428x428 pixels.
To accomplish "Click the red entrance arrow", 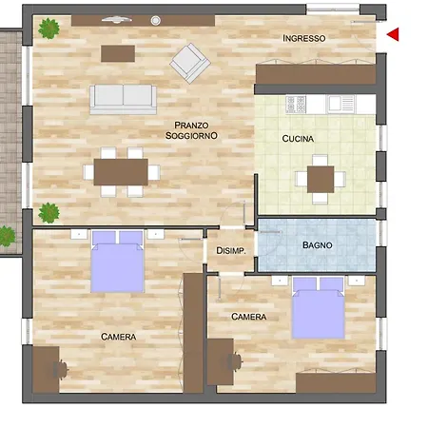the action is [x=394, y=34].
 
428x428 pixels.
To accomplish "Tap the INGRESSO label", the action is [x=304, y=38].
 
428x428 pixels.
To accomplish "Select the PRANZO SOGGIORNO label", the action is [x=191, y=130].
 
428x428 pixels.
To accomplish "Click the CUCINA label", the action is [x=298, y=139].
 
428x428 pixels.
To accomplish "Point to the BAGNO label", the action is [x=318, y=245].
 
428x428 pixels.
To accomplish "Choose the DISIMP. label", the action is [x=231, y=251].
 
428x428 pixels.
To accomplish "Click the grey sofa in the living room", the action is [x=123, y=99].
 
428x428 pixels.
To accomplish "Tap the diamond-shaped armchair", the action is [x=190, y=63].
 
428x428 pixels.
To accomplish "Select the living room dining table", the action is [x=121, y=172].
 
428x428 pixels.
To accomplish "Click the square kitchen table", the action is [x=321, y=179].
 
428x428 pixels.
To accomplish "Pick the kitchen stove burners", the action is [x=296, y=105].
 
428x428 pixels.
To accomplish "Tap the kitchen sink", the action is [x=340, y=104].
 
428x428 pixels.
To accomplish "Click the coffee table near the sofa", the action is [x=118, y=53].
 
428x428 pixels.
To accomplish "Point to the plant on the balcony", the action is [x=7, y=236].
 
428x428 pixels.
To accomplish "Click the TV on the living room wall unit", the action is [x=117, y=20].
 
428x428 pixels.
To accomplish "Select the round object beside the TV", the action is [x=155, y=21].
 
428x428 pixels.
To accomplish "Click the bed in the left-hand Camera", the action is [x=117, y=262].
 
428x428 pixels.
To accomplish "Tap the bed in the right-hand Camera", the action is [x=318, y=308].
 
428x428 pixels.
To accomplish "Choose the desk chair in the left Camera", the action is [x=61, y=370].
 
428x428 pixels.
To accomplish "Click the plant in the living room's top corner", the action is [x=49, y=29].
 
